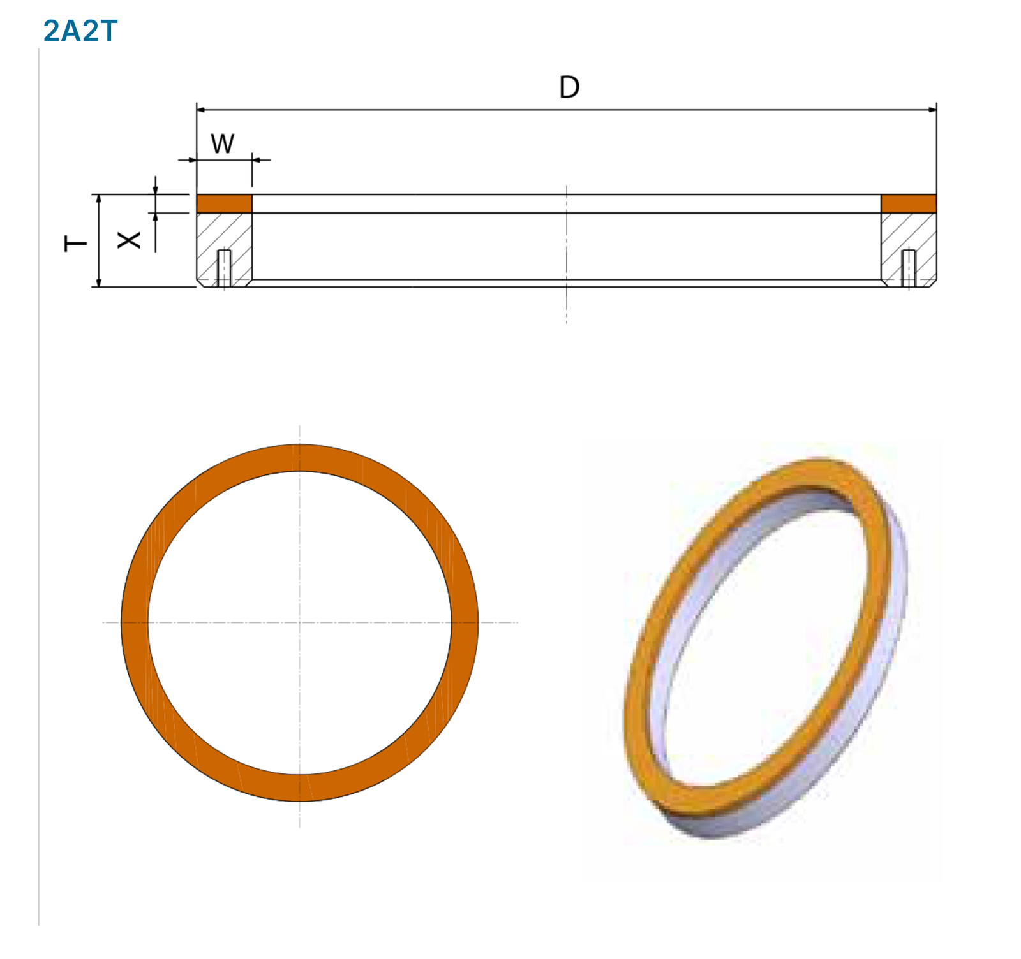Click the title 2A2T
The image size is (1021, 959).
point(80,31)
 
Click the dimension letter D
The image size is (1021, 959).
point(569,87)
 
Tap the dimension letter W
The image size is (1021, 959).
point(223,143)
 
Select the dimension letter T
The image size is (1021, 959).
point(75,243)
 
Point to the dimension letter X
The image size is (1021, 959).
point(129,240)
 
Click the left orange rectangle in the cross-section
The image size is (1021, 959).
point(224,203)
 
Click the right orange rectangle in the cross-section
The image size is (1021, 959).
point(909,203)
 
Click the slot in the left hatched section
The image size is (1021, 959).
point(224,268)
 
